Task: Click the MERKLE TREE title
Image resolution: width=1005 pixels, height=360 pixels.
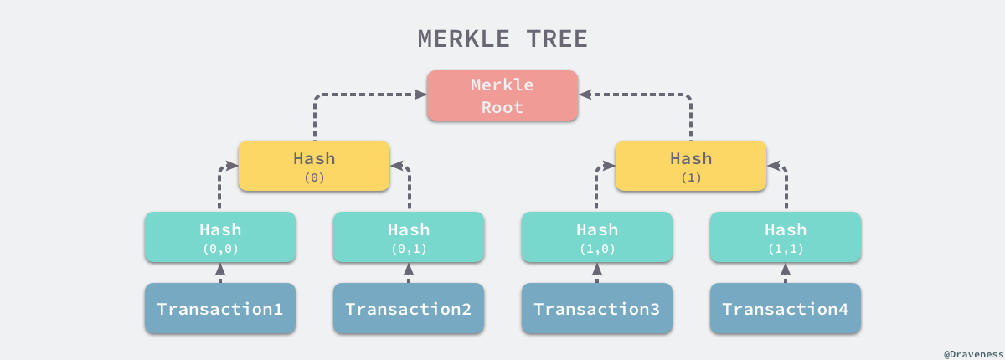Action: (502, 39)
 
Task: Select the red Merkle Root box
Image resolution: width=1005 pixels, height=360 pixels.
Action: (502, 95)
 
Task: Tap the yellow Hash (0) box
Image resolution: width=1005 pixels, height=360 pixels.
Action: (314, 166)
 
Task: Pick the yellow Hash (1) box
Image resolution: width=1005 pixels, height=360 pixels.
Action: (691, 166)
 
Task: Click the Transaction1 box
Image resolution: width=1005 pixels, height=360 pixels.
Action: (219, 309)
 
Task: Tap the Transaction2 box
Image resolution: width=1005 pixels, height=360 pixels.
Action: (408, 309)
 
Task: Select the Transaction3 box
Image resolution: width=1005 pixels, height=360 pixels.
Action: (596, 309)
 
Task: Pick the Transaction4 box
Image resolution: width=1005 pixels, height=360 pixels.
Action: (785, 309)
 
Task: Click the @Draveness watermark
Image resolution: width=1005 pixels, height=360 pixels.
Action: (971, 353)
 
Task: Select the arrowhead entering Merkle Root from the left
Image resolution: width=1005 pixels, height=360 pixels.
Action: (419, 95)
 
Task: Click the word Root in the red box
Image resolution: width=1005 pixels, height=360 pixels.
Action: (502, 107)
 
